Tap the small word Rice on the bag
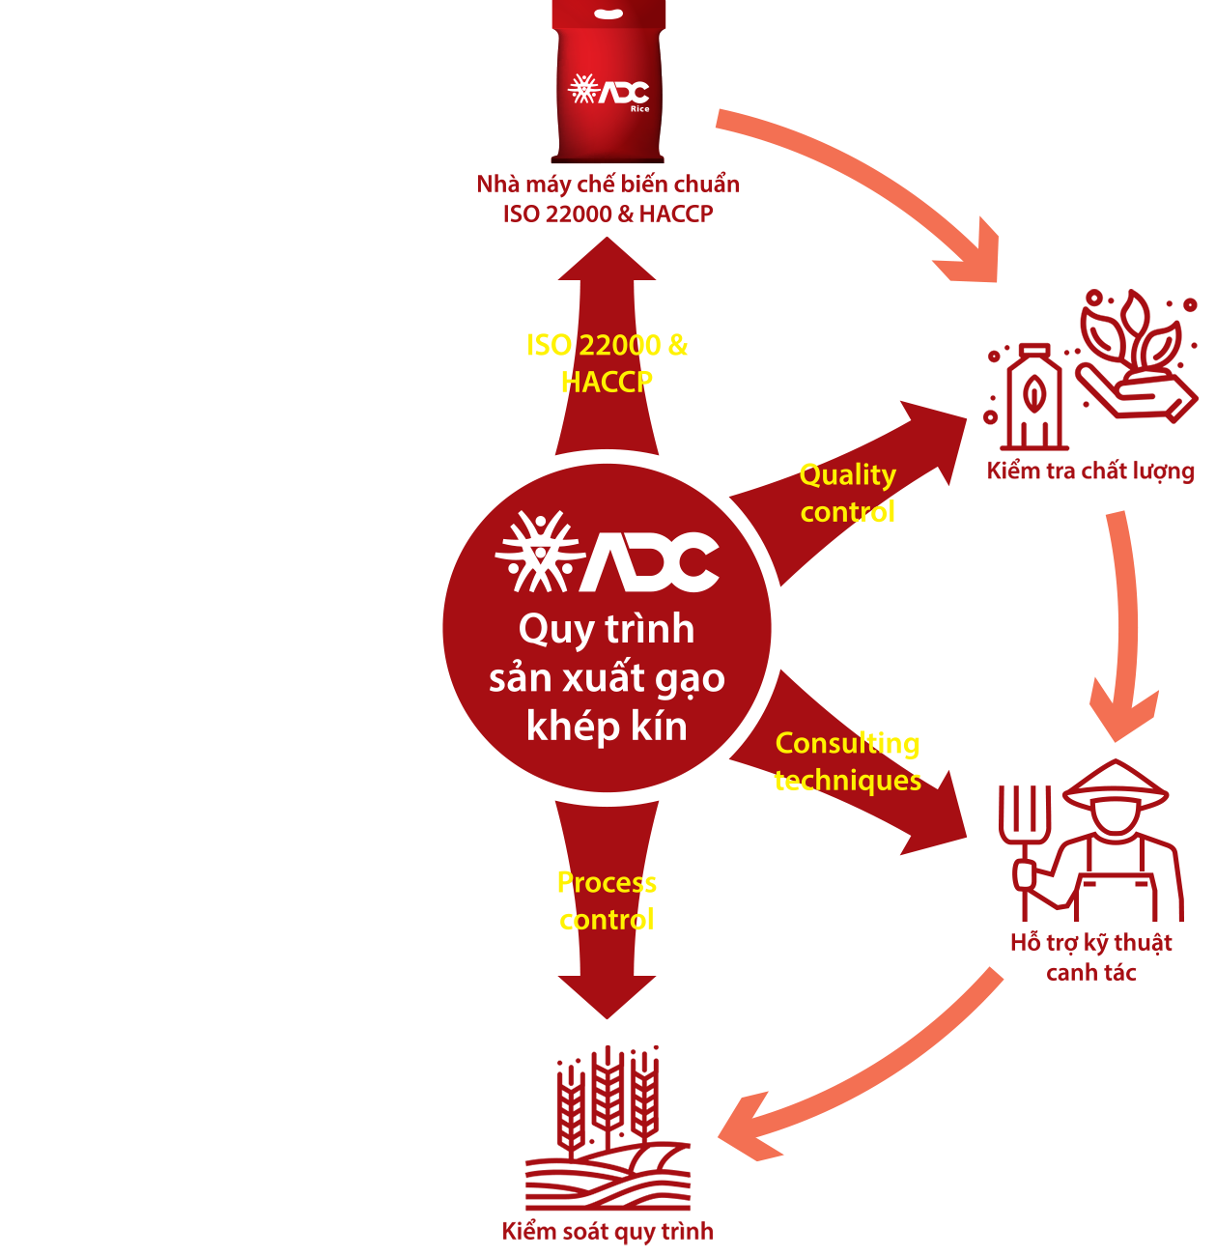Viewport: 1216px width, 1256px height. (639, 109)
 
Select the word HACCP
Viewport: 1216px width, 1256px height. (607, 382)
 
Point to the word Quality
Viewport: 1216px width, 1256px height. (847, 475)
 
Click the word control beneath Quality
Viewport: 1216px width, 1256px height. (847, 512)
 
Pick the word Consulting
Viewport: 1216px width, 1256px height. (847, 743)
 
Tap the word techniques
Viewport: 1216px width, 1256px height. (847, 780)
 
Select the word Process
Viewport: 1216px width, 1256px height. (607, 883)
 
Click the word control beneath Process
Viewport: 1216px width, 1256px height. (607, 920)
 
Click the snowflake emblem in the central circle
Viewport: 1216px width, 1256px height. (538, 553)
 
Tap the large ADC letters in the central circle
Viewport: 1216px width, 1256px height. (652, 560)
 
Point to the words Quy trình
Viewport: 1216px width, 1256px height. (607, 629)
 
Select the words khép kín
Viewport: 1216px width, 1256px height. (607, 726)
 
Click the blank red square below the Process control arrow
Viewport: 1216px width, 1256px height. (608, 1145)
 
